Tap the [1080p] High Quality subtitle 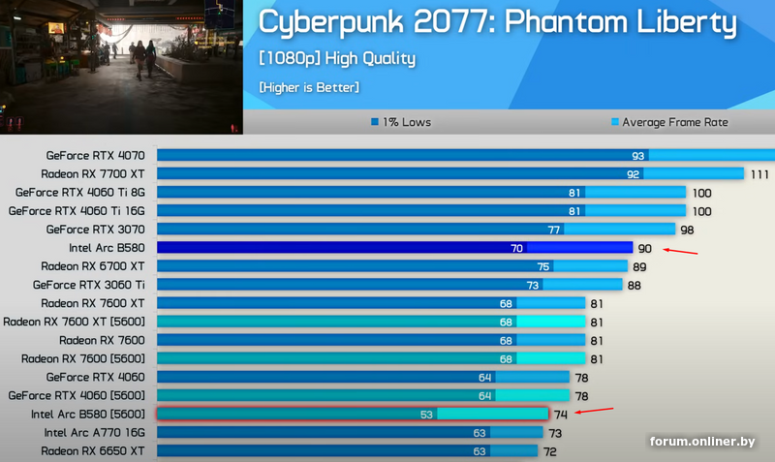(x=337, y=58)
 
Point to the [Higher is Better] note (x=309, y=88)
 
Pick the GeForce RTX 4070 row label (x=95, y=156)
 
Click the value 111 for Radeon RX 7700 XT (x=759, y=174)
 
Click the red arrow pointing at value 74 (x=595, y=412)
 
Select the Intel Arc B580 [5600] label (x=87, y=414)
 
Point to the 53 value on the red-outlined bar (x=426, y=415)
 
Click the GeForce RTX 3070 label (x=95, y=230)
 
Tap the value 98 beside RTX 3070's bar (x=687, y=230)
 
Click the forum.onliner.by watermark (x=702, y=442)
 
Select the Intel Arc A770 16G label (x=94, y=433)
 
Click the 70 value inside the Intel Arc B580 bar (x=516, y=248)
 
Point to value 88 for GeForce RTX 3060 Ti (x=634, y=285)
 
